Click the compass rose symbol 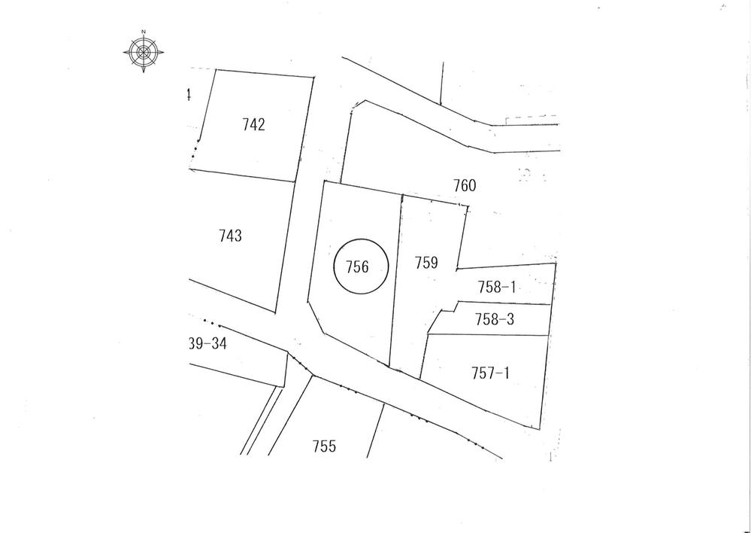coord(142,51)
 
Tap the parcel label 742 coord(253,125)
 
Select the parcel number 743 coord(230,236)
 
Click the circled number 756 coord(357,266)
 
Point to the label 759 coord(426,263)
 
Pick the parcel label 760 coord(465,185)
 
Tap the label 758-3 coord(495,320)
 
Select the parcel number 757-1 coord(490,372)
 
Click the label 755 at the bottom coord(324,446)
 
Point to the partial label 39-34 coord(207,343)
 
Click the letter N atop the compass coord(142,32)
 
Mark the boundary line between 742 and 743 coord(241,175)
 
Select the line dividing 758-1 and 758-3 coord(504,304)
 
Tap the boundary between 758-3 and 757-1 coord(489,335)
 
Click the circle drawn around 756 coord(389,267)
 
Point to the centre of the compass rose coord(142,52)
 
